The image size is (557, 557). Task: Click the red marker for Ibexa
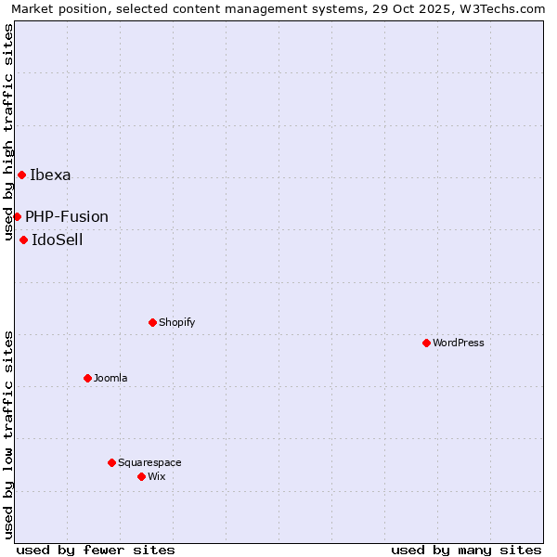[x=21, y=175]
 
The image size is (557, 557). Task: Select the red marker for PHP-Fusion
[x=17, y=216]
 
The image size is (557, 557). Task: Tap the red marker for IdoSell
[x=23, y=240]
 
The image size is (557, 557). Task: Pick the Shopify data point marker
[x=152, y=322]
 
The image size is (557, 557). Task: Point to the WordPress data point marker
[x=426, y=343]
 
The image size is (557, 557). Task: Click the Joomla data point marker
[x=87, y=378]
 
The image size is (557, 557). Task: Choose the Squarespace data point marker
[x=111, y=462]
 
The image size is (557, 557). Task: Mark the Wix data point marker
[x=141, y=476]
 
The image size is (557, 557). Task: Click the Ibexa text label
[x=50, y=175]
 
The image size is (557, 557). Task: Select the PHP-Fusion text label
[x=67, y=216]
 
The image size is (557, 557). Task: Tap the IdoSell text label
[x=58, y=240]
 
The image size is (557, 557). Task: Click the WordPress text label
[x=459, y=343]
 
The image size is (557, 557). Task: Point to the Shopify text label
[x=177, y=322]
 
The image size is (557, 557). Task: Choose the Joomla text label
[x=110, y=378]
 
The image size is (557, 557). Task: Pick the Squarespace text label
[x=149, y=462]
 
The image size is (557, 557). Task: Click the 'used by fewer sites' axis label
[x=96, y=550]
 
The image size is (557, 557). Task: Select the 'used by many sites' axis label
[x=466, y=550]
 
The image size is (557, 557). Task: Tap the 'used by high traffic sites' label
[x=8, y=133]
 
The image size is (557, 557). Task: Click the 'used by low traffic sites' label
[x=8, y=434]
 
